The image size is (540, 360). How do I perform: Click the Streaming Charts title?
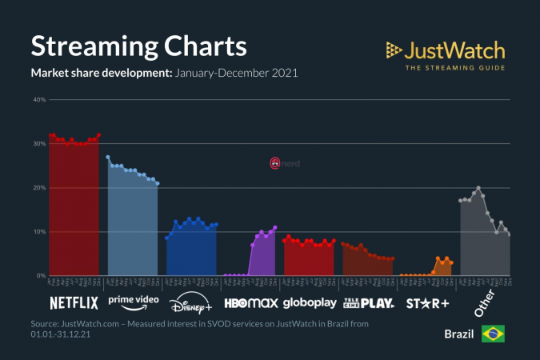tap(138, 45)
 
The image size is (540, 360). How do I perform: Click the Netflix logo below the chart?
tap(74, 303)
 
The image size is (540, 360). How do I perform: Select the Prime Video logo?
tap(133, 302)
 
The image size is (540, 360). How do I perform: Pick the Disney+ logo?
tap(190, 304)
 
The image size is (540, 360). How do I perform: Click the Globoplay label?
tap(309, 303)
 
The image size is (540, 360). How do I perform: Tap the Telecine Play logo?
tap(368, 303)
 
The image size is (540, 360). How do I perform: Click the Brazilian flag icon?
tap(493, 334)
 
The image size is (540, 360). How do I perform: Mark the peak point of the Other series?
tap(478, 189)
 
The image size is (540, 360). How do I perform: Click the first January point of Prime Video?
tap(108, 158)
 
